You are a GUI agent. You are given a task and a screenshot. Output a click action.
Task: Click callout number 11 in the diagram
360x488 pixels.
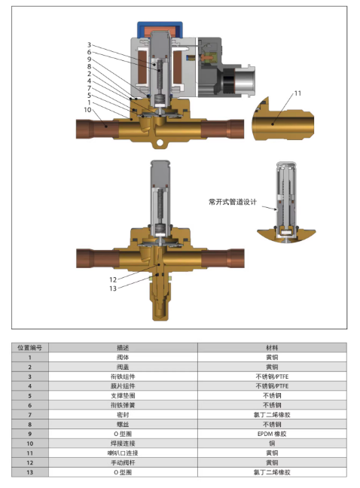pyautogui.click(x=297, y=93)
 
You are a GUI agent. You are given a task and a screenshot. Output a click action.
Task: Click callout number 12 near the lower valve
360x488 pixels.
pyautogui.click(x=113, y=280)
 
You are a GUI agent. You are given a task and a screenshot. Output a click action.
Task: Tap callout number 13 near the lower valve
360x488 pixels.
pyautogui.click(x=113, y=288)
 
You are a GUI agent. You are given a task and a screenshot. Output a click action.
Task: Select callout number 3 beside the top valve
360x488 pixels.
pyautogui.click(x=89, y=45)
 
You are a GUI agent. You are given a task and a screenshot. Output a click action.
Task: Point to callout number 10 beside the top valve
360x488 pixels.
pyautogui.click(x=87, y=110)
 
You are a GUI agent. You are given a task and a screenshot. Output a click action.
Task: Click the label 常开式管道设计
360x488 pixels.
pyautogui.click(x=233, y=202)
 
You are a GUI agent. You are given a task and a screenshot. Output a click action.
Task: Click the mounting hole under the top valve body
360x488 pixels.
pyautogui.click(x=160, y=143)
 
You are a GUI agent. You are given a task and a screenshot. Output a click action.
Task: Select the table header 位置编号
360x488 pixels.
pyautogui.click(x=30, y=348)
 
